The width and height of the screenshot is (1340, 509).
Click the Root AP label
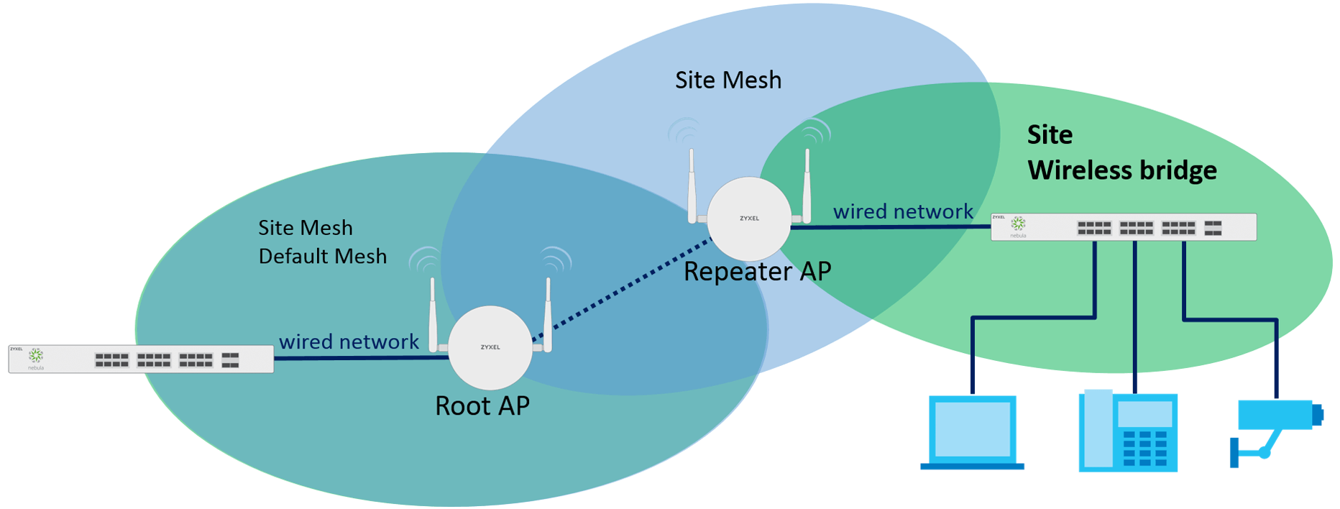coord(482,406)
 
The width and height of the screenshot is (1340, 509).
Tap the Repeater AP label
coord(757,272)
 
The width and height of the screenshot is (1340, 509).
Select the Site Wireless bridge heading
coord(1121,152)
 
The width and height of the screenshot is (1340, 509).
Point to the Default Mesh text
coord(322,257)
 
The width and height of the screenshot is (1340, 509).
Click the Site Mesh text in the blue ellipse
coord(728,81)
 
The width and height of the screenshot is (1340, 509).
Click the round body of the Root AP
coord(490,349)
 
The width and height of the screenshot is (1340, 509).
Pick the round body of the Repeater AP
coord(749,219)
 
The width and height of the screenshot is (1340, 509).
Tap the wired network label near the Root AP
coord(349,341)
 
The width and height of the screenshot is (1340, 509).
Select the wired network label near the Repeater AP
coord(903,212)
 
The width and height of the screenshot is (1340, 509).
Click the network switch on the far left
coord(141,359)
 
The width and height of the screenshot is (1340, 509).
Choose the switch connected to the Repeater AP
coord(1123,227)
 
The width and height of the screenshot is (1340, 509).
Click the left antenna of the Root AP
coord(433,316)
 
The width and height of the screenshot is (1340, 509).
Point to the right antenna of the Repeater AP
coord(807,187)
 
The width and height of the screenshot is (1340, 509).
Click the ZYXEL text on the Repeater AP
coord(749,219)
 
